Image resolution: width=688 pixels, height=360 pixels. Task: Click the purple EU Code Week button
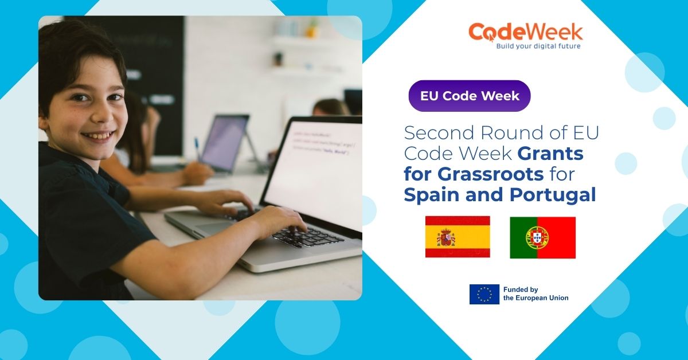(x=469, y=96)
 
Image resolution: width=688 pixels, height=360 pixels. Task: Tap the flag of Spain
(x=458, y=237)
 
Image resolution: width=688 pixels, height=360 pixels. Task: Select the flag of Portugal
(x=542, y=237)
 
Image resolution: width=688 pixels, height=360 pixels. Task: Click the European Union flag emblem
(x=484, y=294)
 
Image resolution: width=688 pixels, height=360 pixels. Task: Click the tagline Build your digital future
(x=530, y=46)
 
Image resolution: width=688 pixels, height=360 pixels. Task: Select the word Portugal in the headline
(x=552, y=195)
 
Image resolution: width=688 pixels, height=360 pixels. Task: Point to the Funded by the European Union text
(x=535, y=294)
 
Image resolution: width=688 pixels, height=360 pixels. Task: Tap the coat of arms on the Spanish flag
(x=446, y=237)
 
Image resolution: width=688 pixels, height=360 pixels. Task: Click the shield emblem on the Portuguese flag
(x=537, y=237)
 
